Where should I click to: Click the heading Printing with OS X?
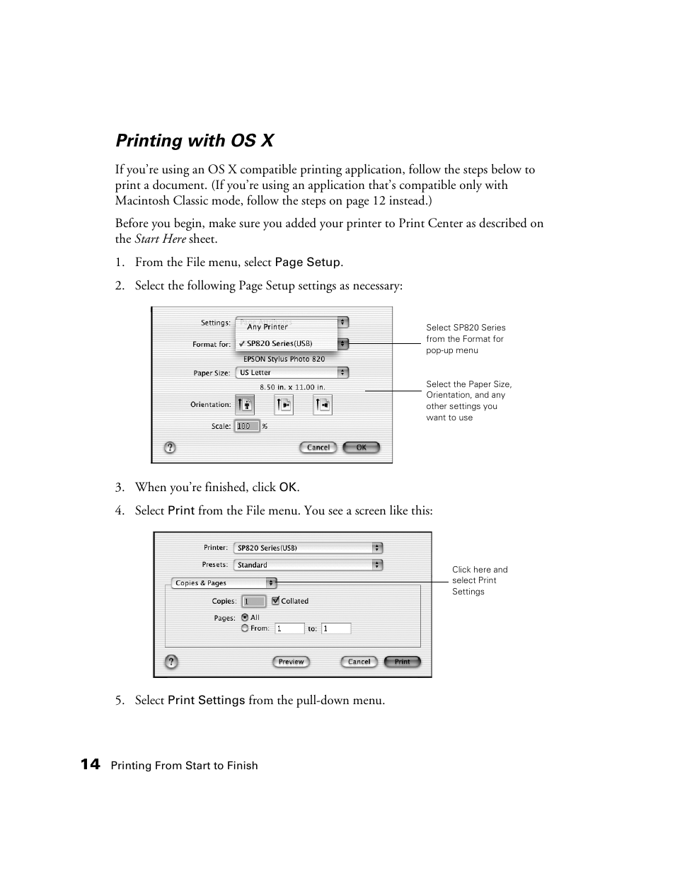click(x=195, y=141)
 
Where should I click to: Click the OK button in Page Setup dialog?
click(x=361, y=447)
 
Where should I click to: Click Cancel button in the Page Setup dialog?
click(x=318, y=447)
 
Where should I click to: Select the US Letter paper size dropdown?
click(x=292, y=372)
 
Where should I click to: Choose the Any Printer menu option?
click(x=267, y=327)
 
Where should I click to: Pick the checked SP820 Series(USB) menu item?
click(x=279, y=344)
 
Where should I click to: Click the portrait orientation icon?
click(x=244, y=405)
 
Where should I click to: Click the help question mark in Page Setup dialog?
click(x=170, y=447)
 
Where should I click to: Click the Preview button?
click(x=291, y=662)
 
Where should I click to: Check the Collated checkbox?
click(x=276, y=601)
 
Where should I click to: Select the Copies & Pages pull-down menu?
click(x=224, y=583)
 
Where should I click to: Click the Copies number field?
click(x=253, y=601)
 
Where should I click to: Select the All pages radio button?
click(x=245, y=617)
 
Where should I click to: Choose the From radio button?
click(x=245, y=628)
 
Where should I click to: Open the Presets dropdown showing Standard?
click(x=308, y=565)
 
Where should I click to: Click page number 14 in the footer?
click(x=90, y=764)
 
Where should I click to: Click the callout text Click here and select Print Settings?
click(x=479, y=580)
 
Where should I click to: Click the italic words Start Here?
click(x=160, y=239)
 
